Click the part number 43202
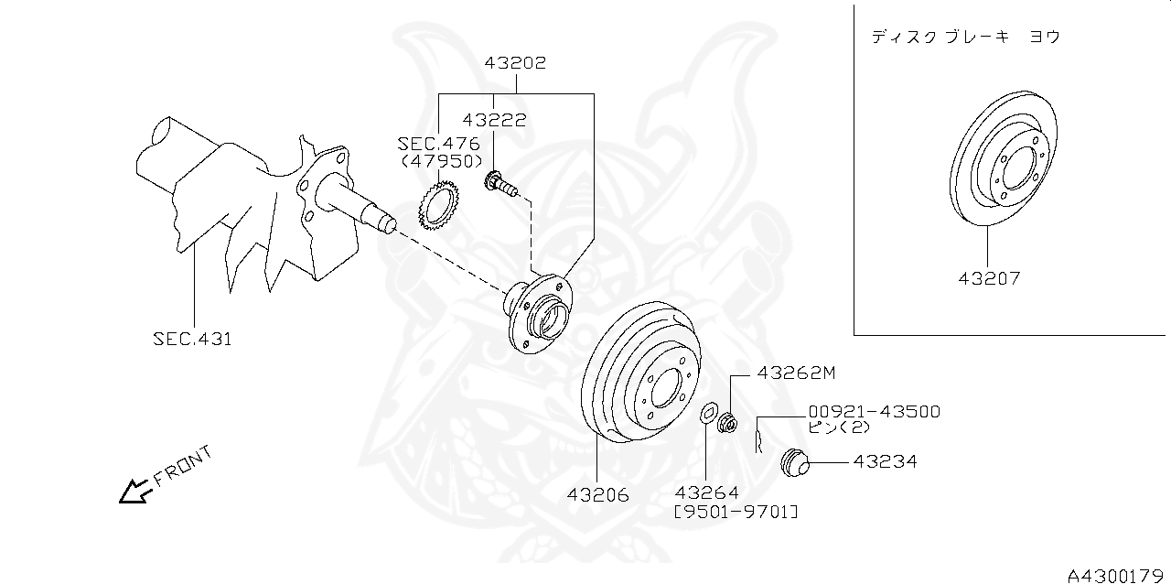[515, 63]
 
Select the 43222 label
[494, 120]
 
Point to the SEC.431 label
[192, 339]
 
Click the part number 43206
[598, 495]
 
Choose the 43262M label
[796, 373]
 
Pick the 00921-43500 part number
[874, 412]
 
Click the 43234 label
[885, 462]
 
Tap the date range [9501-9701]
[736, 513]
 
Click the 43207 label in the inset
[988, 278]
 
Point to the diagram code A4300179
[1116, 575]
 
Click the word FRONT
[183, 464]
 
